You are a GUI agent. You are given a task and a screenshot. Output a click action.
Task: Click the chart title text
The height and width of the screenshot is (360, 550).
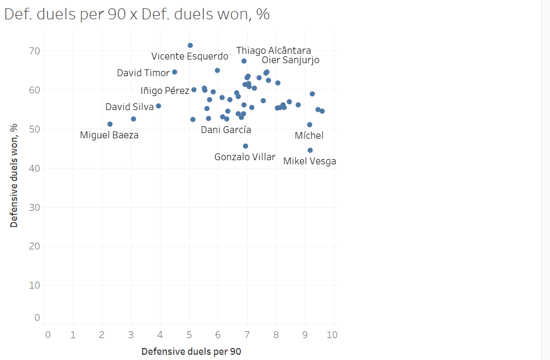(x=137, y=14)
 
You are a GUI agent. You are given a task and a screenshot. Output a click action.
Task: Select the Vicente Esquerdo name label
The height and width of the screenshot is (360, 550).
(x=190, y=56)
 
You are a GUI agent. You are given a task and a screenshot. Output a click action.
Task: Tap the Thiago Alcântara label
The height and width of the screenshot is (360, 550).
(x=274, y=51)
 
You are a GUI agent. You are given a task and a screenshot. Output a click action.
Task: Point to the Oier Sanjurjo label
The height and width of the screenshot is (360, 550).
(x=290, y=60)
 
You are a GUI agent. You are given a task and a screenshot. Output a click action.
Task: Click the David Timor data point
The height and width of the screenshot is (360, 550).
(x=175, y=72)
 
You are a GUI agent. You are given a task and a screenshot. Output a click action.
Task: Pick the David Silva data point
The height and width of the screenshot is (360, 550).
(x=158, y=106)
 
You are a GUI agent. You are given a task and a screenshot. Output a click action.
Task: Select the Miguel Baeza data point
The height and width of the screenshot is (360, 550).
(x=110, y=124)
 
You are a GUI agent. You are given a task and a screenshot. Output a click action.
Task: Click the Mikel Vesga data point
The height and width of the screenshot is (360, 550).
(x=310, y=150)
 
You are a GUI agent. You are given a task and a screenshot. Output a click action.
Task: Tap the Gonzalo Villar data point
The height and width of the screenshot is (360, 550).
(x=246, y=146)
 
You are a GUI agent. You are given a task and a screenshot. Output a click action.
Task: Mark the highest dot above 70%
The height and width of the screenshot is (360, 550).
(x=190, y=45)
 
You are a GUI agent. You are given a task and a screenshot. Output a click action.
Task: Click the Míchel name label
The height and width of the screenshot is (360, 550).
(x=309, y=136)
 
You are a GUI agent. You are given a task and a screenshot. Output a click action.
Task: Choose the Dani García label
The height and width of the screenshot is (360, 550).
(x=226, y=130)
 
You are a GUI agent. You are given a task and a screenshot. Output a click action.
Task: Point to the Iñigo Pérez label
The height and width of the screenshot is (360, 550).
(x=165, y=91)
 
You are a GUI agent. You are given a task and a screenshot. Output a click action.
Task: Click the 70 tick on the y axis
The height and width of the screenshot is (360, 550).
(x=34, y=51)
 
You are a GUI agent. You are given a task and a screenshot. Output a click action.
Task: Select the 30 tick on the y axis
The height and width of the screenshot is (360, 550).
(x=34, y=207)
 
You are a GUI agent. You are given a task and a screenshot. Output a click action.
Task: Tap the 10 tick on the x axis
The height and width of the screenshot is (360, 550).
(x=332, y=334)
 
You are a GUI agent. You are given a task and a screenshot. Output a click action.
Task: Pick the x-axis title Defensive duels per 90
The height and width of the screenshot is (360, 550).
(x=191, y=352)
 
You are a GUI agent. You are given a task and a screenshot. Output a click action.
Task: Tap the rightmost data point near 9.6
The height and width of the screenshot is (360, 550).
(x=322, y=111)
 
